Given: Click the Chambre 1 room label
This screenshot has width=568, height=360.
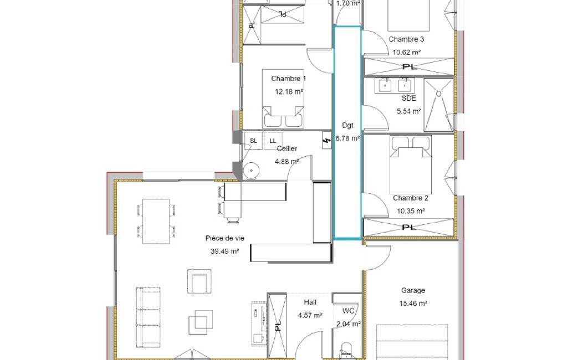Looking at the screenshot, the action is [288, 79].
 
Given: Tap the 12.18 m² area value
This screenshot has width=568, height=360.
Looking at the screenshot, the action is [289, 91].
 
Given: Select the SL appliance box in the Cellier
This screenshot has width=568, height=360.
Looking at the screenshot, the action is [253, 141].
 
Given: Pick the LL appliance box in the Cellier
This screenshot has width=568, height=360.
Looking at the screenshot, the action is [273, 141].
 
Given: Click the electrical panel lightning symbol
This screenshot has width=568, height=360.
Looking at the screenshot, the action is [327, 141].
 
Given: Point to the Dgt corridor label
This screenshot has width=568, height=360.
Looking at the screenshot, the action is [347, 125].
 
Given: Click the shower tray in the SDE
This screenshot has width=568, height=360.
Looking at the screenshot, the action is [439, 105].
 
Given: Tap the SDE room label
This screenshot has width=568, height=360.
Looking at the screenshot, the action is [408, 98].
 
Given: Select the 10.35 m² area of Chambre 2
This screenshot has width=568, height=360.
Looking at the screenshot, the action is [411, 211].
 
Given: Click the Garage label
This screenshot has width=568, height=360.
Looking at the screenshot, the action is [413, 290].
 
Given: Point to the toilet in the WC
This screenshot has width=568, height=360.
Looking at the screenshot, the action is [346, 351].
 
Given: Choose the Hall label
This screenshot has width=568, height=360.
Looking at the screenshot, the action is [310, 302].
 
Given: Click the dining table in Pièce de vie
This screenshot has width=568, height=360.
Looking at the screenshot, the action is [156, 221].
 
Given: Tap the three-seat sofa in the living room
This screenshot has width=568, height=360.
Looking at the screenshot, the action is [149, 317].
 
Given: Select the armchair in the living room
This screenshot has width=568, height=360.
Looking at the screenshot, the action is [199, 281].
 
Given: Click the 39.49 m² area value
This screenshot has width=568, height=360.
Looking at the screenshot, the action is [224, 251].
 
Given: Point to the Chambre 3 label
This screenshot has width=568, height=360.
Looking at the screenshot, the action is [406, 39].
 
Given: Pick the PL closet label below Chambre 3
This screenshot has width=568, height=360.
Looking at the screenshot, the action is [410, 67].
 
